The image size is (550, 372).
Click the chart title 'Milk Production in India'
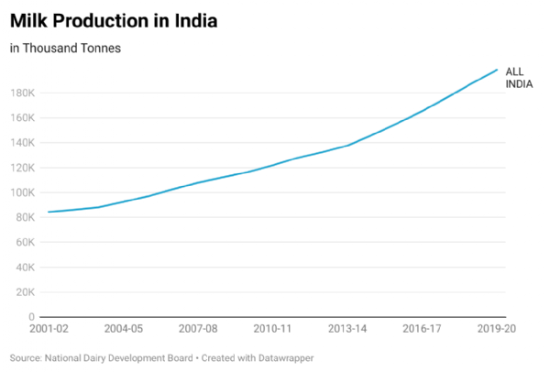(x=114, y=20)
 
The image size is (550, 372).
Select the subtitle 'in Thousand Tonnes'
(x=65, y=48)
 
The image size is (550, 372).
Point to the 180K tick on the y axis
(x=23, y=93)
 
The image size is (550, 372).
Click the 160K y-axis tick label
(x=23, y=118)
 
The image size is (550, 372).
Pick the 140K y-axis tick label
(x=23, y=143)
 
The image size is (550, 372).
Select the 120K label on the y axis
(x=23, y=168)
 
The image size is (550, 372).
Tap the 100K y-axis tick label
(x=23, y=192)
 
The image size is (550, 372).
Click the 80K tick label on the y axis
(x=25, y=217)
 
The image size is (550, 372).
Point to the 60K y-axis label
(x=25, y=242)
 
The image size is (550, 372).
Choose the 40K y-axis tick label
(x=25, y=267)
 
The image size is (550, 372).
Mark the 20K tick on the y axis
(x=25, y=291)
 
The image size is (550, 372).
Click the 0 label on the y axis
(x=31, y=316)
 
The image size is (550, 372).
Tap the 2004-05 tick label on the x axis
(x=123, y=328)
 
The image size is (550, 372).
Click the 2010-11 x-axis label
(x=273, y=328)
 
